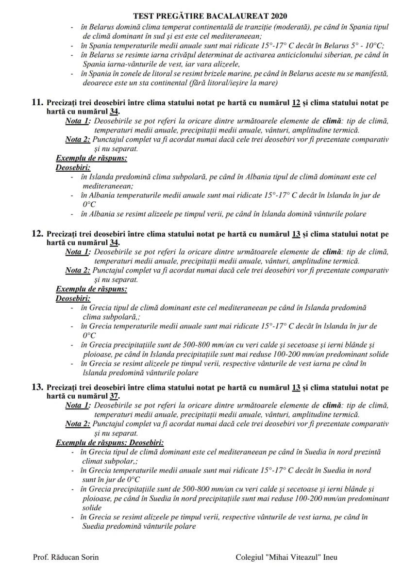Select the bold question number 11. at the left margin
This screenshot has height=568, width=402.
click(37, 103)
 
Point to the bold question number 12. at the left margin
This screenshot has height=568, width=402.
click(37, 234)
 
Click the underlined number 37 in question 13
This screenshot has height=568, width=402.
click(115, 396)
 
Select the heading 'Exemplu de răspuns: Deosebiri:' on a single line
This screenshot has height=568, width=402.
click(110, 442)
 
